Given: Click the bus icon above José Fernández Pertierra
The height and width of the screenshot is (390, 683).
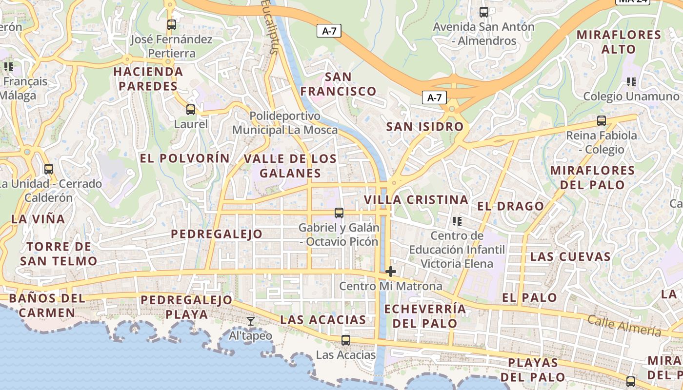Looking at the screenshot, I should coord(171,24).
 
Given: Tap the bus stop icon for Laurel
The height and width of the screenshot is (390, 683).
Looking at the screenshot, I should coord(191,110).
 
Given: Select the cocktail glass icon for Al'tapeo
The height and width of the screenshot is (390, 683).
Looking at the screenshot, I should coord(251,321).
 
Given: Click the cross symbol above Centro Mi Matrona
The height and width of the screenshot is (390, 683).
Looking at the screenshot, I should coord(391,272).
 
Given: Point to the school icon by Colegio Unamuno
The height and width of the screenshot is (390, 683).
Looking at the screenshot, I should coord(631,81).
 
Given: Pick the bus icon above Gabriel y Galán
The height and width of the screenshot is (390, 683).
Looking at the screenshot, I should coord(339,213).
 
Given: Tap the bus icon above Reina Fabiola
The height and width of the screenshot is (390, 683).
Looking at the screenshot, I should coord(602,121).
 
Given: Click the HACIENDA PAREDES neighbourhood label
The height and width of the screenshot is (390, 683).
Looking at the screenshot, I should coord(148,79).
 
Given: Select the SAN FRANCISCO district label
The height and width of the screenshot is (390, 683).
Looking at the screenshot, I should coord(338,84).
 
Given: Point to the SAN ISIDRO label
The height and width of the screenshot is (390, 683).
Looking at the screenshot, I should coord(425,127).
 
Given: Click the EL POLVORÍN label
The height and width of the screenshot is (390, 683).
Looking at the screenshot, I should coord(184,158).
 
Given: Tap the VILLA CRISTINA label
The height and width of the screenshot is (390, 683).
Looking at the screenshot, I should coord(416,199).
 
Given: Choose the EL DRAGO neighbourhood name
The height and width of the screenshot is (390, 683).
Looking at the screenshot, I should coord(510,206).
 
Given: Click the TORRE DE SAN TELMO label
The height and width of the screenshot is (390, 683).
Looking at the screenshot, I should coord(59,253).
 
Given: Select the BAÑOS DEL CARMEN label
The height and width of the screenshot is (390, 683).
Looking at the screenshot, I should coord(47,305).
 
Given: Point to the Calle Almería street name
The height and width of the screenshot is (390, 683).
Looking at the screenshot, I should coord(624,325).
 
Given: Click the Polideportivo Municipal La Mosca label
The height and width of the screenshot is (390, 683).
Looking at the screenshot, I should coord(285,123).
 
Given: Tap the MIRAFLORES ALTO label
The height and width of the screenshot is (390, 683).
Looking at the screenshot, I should coord(619,42).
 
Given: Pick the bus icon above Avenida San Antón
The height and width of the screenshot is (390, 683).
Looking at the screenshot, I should coord(484,12).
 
